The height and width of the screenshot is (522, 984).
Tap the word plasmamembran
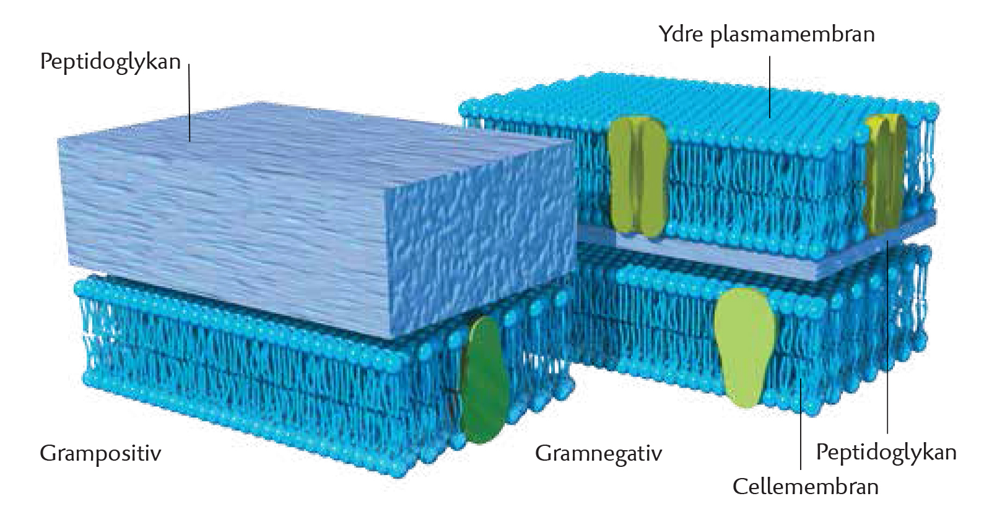[x=793, y=35]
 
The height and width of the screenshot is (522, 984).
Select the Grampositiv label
[x=100, y=454]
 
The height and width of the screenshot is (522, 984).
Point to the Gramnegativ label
[x=598, y=453]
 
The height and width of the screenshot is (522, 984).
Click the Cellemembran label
[x=806, y=487]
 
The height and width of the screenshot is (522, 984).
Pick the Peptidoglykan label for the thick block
[x=110, y=62]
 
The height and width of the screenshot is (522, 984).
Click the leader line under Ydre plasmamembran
[x=770, y=87]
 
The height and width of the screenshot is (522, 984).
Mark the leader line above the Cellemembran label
[x=800, y=424]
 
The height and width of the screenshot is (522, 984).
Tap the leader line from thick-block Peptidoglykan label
[x=189, y=102]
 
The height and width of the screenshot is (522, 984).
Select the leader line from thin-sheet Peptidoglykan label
[x=887, y=337]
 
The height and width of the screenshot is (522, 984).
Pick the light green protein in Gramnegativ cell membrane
[x=744, y=347]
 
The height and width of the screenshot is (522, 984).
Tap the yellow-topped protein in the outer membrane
[x=884, y=173]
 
